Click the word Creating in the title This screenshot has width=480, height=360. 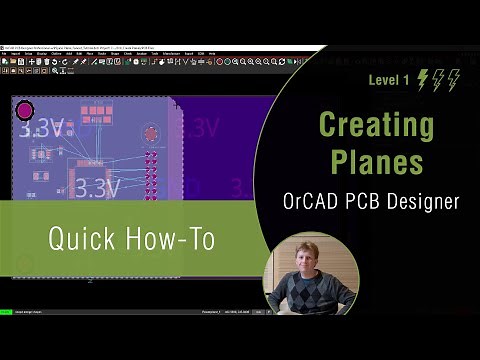coord(376,126)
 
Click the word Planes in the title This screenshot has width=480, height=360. coord(376,161)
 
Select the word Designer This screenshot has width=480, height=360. coord(423,201)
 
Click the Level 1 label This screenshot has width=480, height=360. coord(389,80)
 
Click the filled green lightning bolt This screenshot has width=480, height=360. coord(423,80)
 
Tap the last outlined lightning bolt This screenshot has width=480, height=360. coord(454,80)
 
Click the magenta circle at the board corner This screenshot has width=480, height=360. coord(25,109)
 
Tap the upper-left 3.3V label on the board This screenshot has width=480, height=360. coord(42,129)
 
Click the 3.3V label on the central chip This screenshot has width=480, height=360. coord(98,188)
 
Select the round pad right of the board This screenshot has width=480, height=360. coord(151,133)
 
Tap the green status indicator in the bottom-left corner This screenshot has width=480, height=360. coord(6,312)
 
